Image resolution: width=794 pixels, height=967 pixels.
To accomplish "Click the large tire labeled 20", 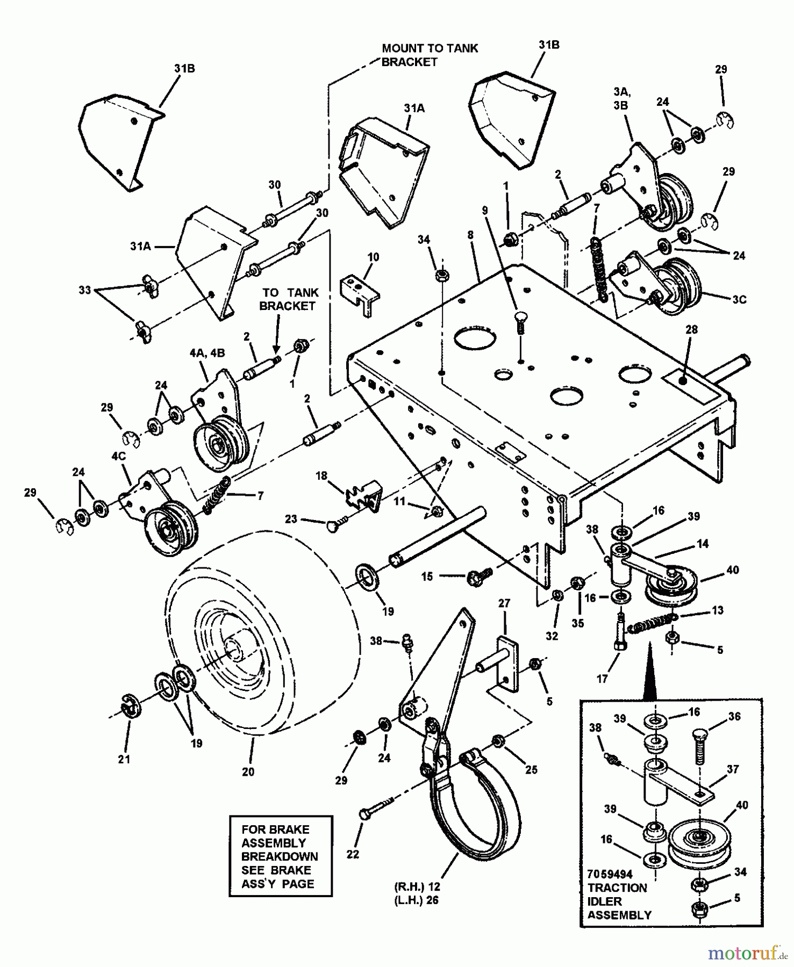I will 253,639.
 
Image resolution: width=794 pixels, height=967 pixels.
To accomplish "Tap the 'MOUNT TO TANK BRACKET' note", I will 430,55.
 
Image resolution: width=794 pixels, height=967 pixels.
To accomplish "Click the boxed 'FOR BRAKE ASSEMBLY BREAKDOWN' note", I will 280,863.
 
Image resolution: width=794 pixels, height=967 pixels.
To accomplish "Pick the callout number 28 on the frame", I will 691,329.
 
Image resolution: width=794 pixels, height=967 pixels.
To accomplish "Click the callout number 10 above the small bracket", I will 373,257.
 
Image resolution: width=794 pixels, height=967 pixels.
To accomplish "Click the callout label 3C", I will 739,299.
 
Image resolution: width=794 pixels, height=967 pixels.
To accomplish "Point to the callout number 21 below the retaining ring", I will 124,760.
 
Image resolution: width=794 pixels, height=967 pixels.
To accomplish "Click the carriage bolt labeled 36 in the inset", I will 699,744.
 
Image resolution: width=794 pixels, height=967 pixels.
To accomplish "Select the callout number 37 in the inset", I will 733,770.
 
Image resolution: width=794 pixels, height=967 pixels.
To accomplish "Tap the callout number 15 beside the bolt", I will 427,576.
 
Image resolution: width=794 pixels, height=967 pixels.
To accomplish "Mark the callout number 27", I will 503,603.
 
